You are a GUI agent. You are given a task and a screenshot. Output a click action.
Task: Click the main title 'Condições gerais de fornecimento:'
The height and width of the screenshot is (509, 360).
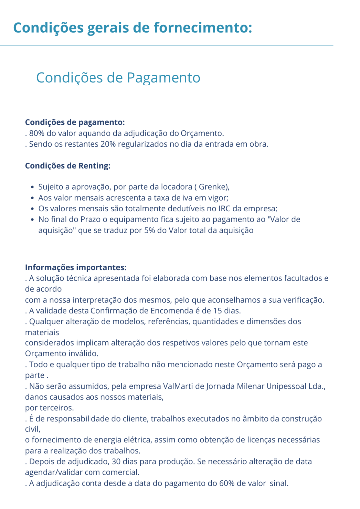click(x=133, y=27)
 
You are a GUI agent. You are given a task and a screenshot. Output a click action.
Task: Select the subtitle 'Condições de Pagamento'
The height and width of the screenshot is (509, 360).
click(x=118, y=78)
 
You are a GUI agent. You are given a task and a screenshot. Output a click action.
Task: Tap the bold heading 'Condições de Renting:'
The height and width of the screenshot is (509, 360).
click(x=68, y=165)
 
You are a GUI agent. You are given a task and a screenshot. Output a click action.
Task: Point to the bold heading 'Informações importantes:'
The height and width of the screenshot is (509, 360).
click(x=76, y=267)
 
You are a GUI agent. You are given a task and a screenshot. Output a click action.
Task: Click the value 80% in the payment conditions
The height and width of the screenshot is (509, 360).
click(x=37, y=133)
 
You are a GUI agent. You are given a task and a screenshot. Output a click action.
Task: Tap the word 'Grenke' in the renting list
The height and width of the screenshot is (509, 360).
click(x=212, y=187)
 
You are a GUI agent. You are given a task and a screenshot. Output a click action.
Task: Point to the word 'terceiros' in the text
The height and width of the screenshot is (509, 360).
click(x=57, y=408)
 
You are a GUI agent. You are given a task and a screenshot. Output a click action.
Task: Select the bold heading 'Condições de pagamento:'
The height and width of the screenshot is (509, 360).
click(x=75, y=122)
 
